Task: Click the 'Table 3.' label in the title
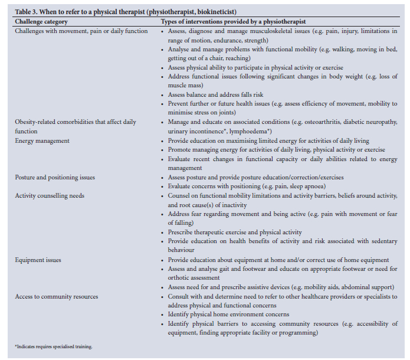click(25, 11)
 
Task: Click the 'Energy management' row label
click(42, 140)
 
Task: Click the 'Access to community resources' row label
click(57, 296)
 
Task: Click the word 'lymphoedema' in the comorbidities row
click(252, 131)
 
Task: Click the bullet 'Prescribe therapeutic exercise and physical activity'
click(235, 232)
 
